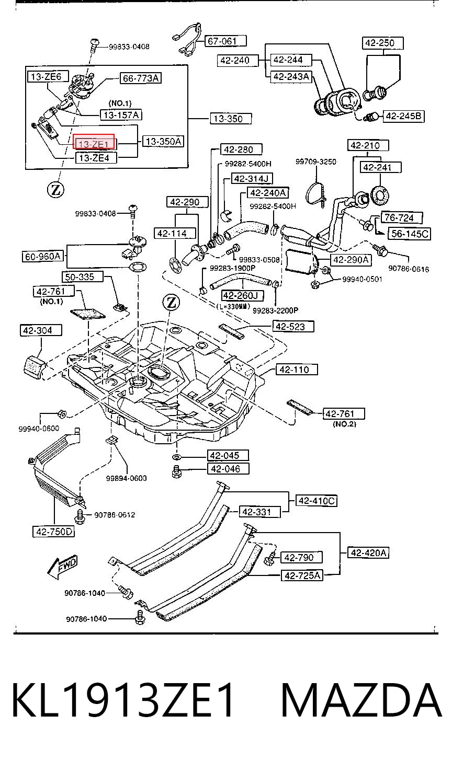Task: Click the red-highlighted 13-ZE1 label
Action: coord(94,142)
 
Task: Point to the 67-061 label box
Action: coord(225,41)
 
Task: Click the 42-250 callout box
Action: coord(382,43)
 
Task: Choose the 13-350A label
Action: coord(163,141)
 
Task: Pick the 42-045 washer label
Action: coord(228,455)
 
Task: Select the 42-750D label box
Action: coord(54,532)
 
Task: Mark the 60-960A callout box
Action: coord(43,256)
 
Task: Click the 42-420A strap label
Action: coord(368,553)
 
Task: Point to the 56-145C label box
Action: coord(409,234)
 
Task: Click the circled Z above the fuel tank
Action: coord(172,302)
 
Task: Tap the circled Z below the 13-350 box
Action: coord(55,190)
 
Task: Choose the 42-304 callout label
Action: coord(41,330)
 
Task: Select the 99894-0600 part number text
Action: coord(126,478)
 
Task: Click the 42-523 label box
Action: coord(293,327)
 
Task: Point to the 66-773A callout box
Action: coord(140,78)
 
